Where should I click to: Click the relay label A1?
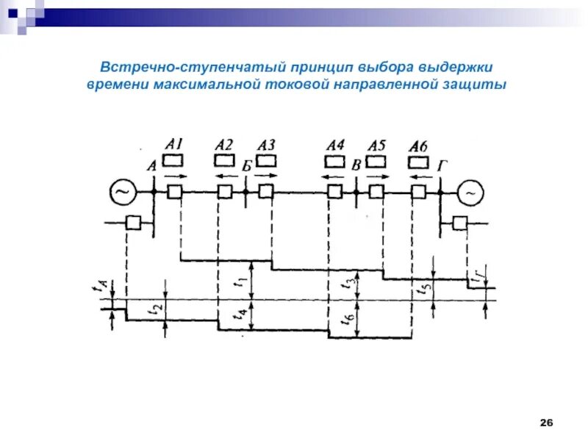[x=175, y=145]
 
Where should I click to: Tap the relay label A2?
[x=225, y=145]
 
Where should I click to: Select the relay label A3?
[x=267, y=145]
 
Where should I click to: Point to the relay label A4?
[x=335, y=145]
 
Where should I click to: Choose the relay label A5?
[x=376, y=145]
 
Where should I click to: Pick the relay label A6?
[x=418, y=145]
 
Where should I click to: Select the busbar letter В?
[x=356, y=165]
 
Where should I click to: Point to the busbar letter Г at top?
[x=442, y=165]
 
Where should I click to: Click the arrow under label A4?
[x=335, y=176]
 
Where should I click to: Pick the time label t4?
[x=239, y=315]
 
